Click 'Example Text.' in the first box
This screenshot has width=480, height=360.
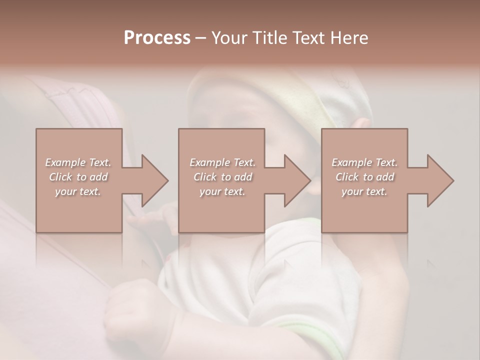[78, 162]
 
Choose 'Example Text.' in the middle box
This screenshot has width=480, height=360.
[222, 162]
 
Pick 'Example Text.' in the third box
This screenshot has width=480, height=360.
[364, 162]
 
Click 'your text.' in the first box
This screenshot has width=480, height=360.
[78, 191]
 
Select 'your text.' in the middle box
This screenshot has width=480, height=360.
[222, 191]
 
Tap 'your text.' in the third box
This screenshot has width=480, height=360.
[364, 191]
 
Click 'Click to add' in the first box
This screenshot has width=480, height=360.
[78, 177]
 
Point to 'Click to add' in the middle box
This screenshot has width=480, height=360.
[222, 177]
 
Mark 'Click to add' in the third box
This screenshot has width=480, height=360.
[364, 177]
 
